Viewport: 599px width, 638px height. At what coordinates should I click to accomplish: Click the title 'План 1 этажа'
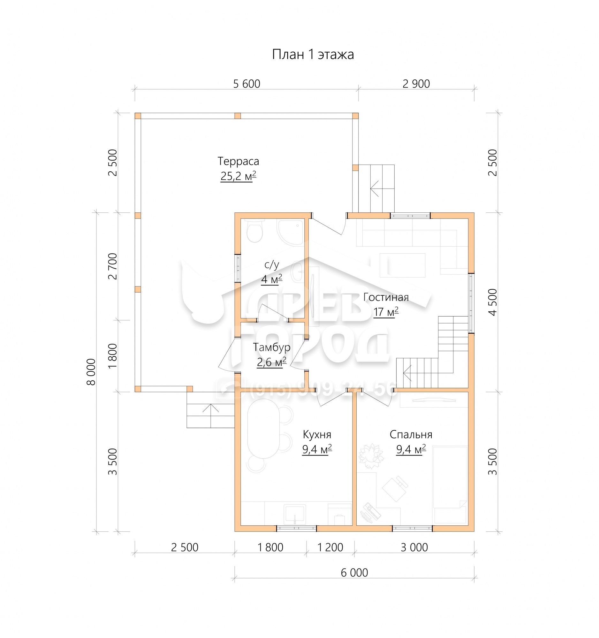click(313, 55)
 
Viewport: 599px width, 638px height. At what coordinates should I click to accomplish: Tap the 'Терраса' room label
click(238, 161)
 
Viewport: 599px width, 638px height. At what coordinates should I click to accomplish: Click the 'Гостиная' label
click(386, 297)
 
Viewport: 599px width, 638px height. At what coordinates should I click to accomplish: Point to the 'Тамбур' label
click(271, 347)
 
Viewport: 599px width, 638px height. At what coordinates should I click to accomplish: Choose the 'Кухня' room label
click(317, 434)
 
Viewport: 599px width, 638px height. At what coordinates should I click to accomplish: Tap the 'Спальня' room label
click(411, 434)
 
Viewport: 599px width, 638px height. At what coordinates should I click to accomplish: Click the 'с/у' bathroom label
click(272, 265)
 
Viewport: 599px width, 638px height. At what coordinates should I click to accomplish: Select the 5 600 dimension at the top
click(246, 84)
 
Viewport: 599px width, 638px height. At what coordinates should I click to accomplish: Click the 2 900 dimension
click(416, 84)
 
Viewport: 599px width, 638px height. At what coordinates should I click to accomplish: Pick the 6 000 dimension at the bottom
click(354, 573)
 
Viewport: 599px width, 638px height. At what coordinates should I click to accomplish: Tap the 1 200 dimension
click(330, 547)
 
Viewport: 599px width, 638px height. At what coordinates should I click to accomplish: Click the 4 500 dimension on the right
click(492, 302)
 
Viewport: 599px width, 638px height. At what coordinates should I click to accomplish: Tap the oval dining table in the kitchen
click(264, 429)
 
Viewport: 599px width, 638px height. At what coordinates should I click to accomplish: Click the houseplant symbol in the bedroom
click(371, 456)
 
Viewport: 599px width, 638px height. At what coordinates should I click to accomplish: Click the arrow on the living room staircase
click(407, 373)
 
